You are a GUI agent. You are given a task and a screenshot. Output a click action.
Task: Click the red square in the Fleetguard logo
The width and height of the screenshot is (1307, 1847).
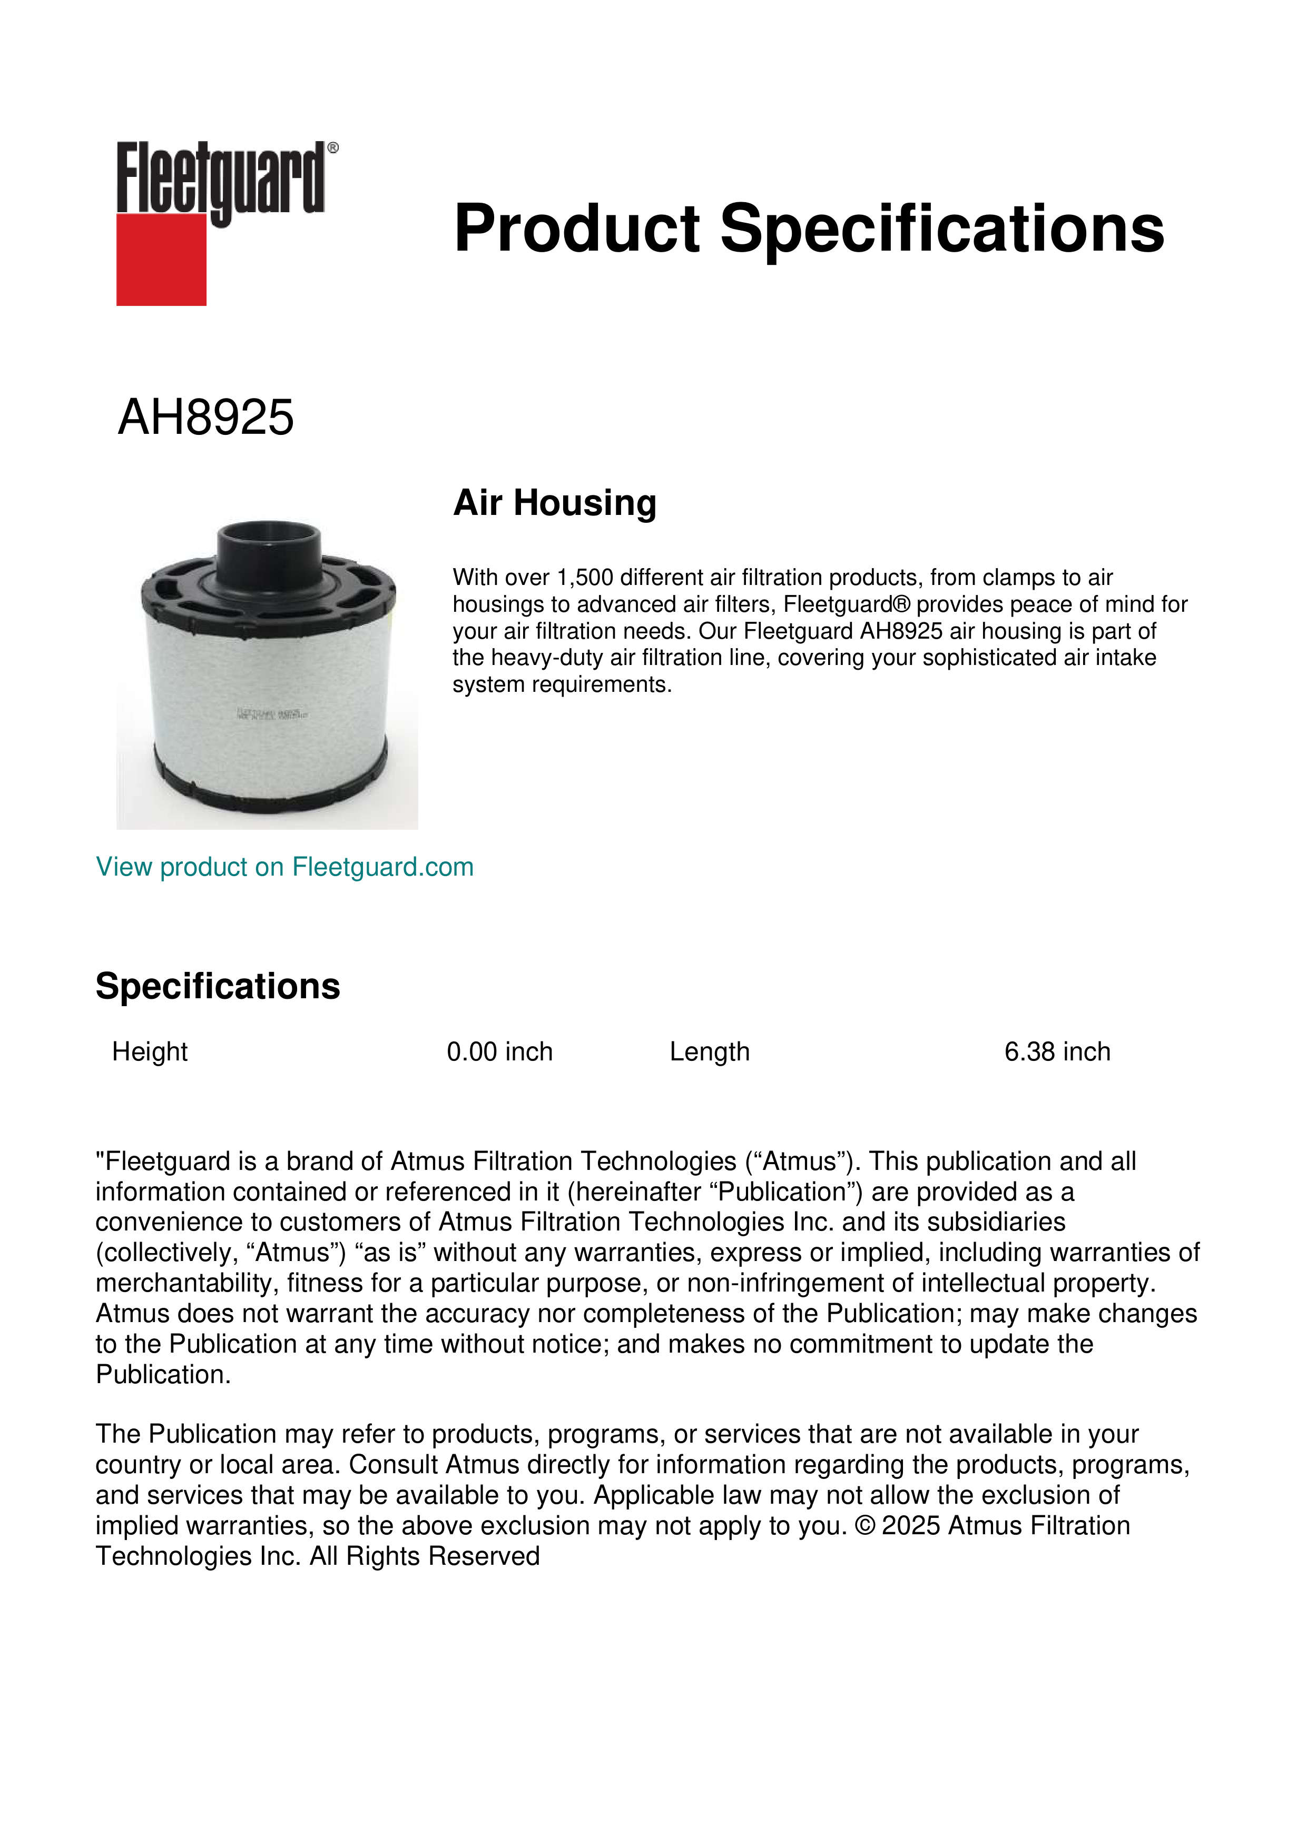[161, 259]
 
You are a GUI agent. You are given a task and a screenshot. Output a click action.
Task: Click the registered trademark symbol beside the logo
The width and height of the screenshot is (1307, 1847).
[333, 148]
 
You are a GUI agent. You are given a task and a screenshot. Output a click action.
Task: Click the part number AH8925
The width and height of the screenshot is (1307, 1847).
[206, 418]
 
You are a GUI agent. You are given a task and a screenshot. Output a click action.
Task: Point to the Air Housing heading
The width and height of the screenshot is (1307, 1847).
[555, 503]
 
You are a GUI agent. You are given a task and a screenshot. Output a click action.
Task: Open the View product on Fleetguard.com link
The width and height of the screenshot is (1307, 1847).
[284, 867]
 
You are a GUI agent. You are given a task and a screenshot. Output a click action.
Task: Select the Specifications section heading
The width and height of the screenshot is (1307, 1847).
[217, 986]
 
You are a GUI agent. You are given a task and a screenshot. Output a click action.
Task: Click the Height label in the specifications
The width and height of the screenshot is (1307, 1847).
[150, 1051]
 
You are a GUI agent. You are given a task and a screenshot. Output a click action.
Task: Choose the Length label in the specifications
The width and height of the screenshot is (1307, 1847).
[709, 1051]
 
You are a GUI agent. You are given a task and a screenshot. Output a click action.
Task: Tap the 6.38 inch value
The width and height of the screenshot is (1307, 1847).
[1057, 1051]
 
